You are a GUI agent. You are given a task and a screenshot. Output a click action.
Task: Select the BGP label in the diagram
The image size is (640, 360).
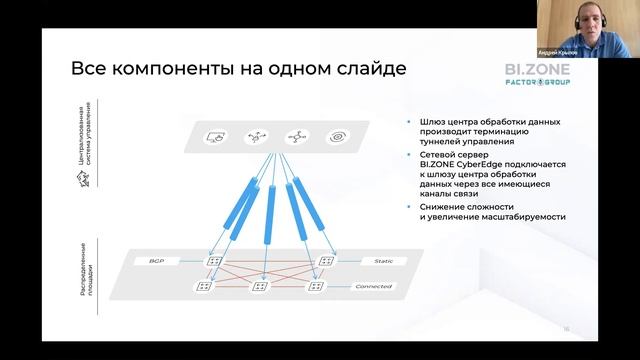[156, 260]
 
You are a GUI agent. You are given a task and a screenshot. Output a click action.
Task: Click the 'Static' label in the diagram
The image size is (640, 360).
[368, 260]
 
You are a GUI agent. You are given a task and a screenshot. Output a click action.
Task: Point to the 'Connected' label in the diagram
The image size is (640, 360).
[372, 287]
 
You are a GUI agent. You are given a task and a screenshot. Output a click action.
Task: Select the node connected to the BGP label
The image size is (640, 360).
[214, 260]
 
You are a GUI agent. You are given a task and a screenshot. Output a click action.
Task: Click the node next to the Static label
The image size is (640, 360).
[324, 260]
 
